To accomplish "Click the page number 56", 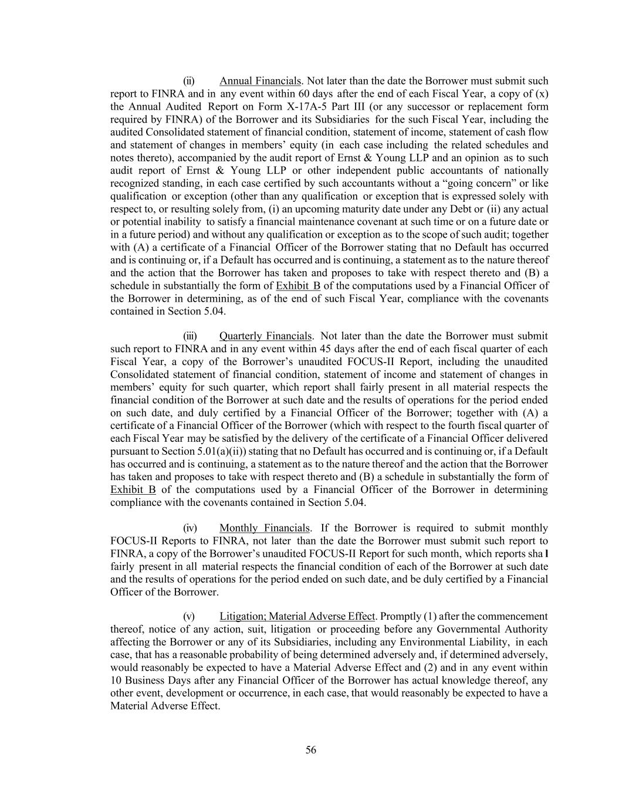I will tap(311, 750).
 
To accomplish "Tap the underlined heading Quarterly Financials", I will tap(265, 336).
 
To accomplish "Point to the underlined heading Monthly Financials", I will tap(265, 528).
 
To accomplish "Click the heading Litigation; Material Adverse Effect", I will tap(297, 616).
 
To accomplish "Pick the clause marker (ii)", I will tap(189, 81).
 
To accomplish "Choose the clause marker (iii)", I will tap(190, 336).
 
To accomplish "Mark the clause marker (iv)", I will tap(190, 528).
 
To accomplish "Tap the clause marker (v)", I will tap(189, 616).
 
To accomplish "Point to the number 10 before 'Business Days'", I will tap(116, 681).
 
